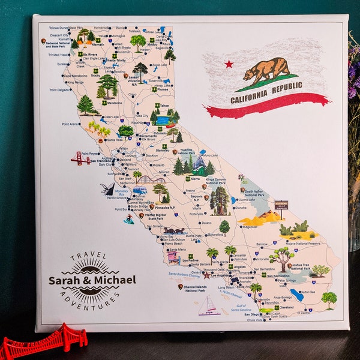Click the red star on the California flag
tap(229, 64)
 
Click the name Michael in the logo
tap(115, 280)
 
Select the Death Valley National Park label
tap(254, 192)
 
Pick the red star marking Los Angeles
tap(207, 275)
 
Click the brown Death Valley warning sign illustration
tap(281, 205)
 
